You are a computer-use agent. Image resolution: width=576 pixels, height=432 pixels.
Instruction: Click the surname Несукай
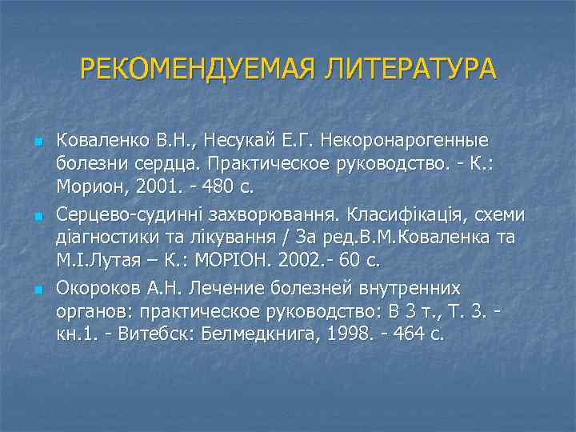pyautogui.click(x=239, y=142)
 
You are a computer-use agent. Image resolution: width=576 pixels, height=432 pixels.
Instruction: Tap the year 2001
pyautogui.click(x=143, y=188)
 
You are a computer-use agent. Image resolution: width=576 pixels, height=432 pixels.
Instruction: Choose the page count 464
pyautogui.click(x=404, y=333)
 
